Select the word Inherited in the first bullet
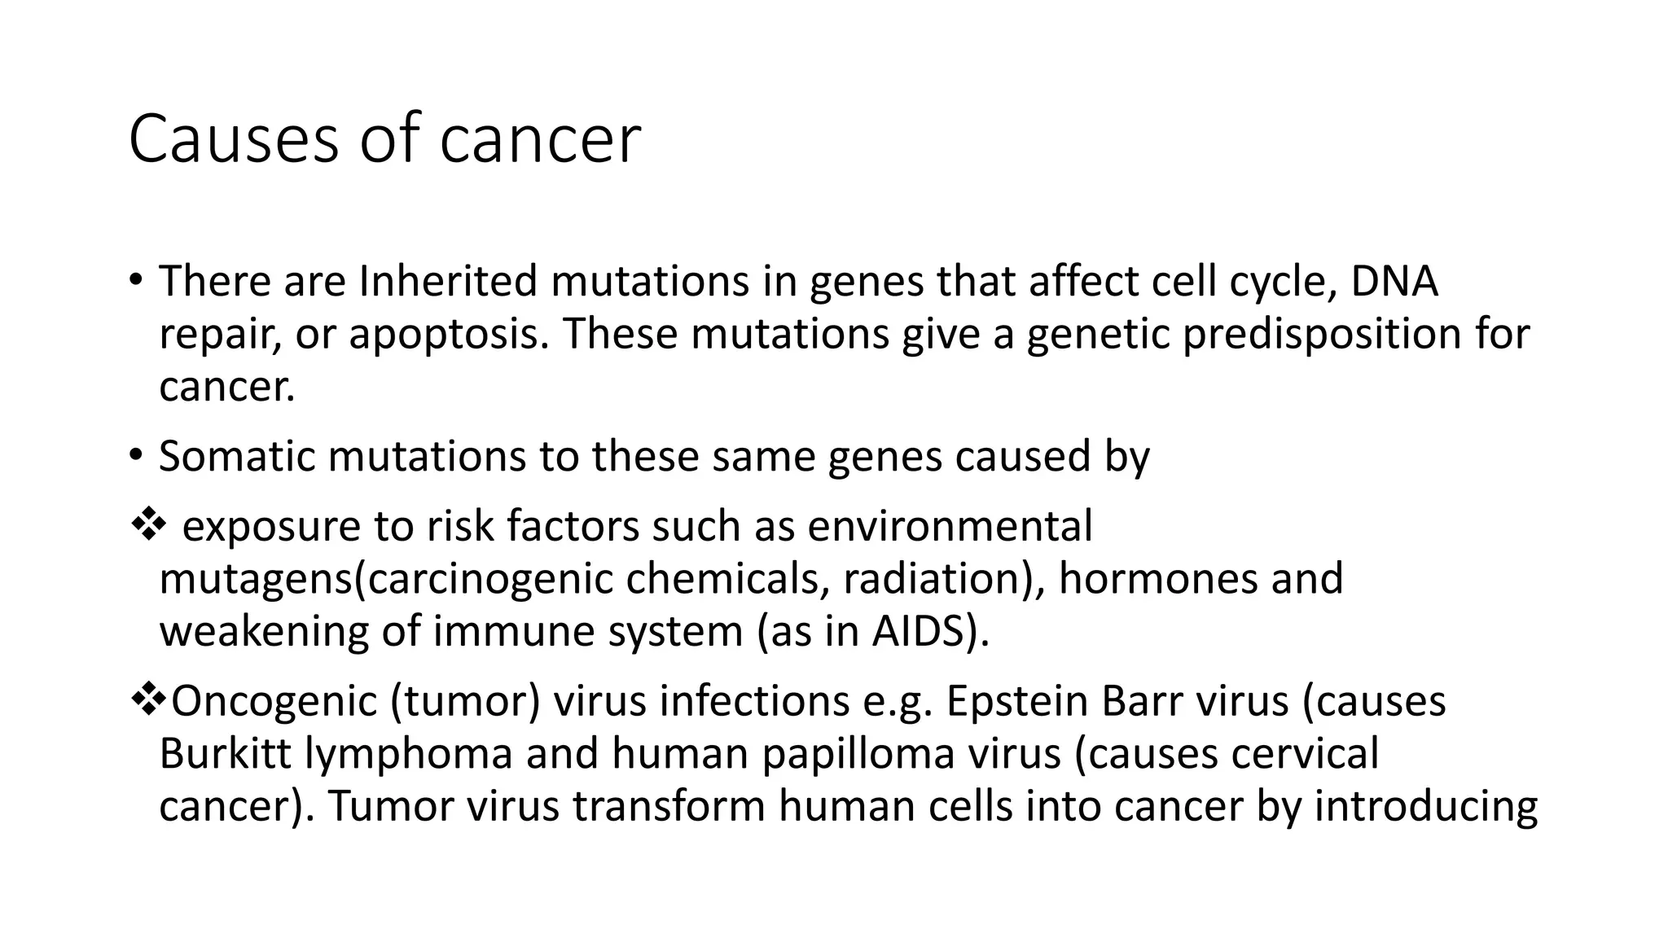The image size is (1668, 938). click(x=448, y=282)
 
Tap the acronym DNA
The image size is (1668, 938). click(x=1394, y=282)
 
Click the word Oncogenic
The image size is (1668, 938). click(x=274, y=702)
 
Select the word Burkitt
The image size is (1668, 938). click(x=225, y=754)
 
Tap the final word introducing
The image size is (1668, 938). click(x=1426, y=807)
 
